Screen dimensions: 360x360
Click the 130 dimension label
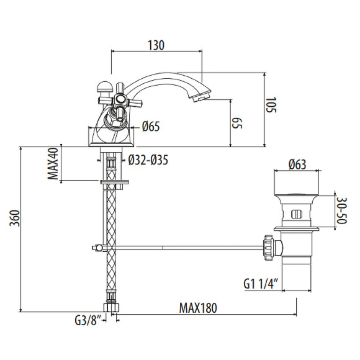tap(156, 45)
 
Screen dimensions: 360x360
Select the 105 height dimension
tap(271, 109)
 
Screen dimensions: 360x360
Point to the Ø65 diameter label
tap(151, 127)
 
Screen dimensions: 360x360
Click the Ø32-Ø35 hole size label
tap(148, 160)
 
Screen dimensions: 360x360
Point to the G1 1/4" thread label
tap(260, 285)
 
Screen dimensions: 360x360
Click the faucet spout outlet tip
tap(202, 97)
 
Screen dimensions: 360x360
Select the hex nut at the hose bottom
tap(110, 307)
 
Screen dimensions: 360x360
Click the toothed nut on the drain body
tap(269, 246)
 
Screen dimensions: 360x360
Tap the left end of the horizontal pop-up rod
tap(97, 249)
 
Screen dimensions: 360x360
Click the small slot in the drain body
tap(296, 215)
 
